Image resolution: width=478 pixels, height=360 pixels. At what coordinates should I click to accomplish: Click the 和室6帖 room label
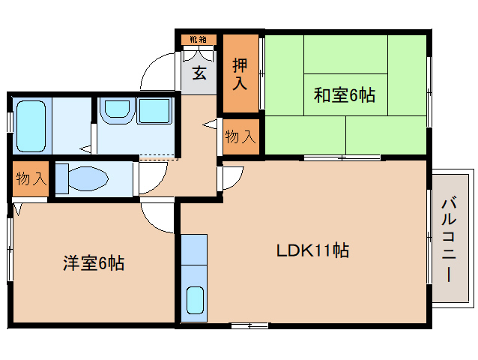tap(345, 95)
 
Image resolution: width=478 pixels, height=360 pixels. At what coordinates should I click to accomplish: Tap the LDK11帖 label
tap(312, 250)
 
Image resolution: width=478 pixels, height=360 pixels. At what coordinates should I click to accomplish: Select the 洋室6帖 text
tap(94, 263)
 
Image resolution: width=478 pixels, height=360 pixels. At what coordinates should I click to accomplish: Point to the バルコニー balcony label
tap(449, 240)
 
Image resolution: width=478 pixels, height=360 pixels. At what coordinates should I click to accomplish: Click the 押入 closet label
tap(240, 73)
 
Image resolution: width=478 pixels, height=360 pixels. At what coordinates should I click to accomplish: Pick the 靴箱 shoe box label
tap(199, 39)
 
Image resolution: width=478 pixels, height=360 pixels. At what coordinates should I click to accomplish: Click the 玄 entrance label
tap(199, 73)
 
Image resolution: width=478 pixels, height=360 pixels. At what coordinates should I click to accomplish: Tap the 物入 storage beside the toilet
tap(31, 178)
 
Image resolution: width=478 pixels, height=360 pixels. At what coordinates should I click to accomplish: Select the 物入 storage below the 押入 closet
tap(240, 136)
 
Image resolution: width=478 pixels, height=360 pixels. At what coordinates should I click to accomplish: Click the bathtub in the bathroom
tap(31, 127)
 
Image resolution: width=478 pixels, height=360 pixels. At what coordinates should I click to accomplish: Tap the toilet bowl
tap(88, 178)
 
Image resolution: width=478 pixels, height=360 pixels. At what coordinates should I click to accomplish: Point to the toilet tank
tap(62, 178)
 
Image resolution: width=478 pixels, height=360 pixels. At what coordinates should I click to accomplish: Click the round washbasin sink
tap(118, 109)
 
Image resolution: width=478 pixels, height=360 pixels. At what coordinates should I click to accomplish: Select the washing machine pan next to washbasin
tap(154, 111)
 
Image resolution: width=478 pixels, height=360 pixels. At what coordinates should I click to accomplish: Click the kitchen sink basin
tap(195, 300)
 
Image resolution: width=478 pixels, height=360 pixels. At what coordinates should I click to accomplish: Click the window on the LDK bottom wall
tap(249, 325)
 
